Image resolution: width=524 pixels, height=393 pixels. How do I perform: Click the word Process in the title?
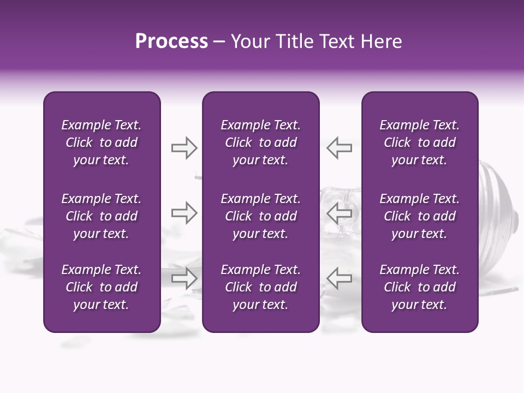click(171, 41)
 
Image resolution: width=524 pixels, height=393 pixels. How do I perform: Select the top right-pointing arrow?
click(184, 148)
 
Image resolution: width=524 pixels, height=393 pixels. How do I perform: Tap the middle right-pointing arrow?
click(184, 213)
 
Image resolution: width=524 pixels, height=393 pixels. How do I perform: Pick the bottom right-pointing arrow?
click(184, 278)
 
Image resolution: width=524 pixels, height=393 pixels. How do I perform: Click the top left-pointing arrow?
click(339, 148)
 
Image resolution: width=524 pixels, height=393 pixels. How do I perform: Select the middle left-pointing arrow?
click(339, 213)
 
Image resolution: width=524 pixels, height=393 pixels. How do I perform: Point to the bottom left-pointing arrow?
click(339, 278)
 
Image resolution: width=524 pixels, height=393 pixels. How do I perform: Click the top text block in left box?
click(102, 142)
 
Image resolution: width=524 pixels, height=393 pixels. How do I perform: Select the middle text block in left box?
click(102, 216)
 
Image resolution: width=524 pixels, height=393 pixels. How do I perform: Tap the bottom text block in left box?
click(102, 287)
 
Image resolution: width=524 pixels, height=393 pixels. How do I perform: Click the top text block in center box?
click(260, 142)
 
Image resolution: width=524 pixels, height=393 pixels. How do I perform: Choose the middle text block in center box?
click(260, 216)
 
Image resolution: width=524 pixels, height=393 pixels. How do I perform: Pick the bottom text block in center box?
click(260, 287)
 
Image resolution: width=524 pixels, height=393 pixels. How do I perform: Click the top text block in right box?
click(419, 142)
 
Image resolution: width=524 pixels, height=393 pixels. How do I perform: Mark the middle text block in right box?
click(419, 216)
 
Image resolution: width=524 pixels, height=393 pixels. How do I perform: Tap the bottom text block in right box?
click(419, 287)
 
